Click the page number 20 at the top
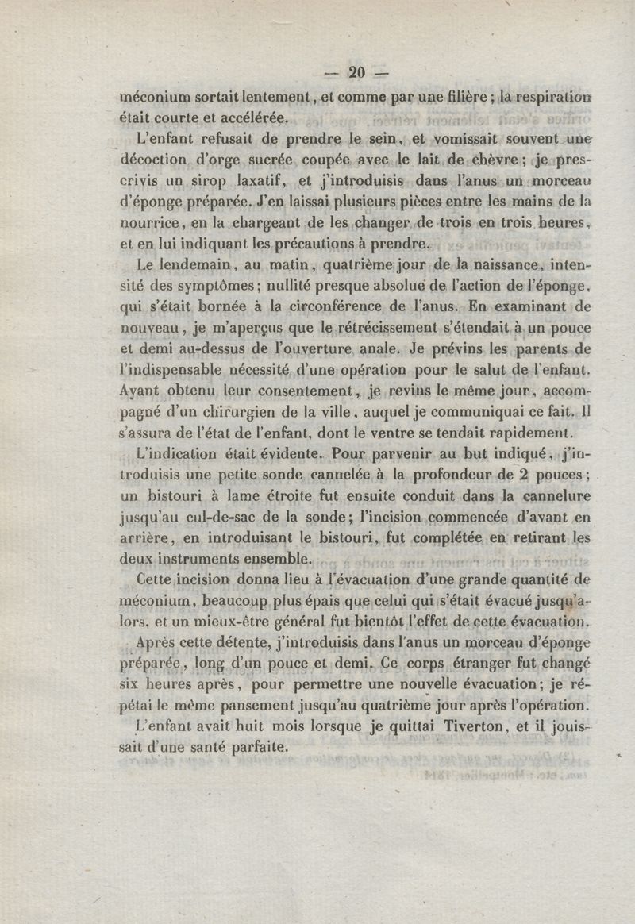[355, 73]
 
